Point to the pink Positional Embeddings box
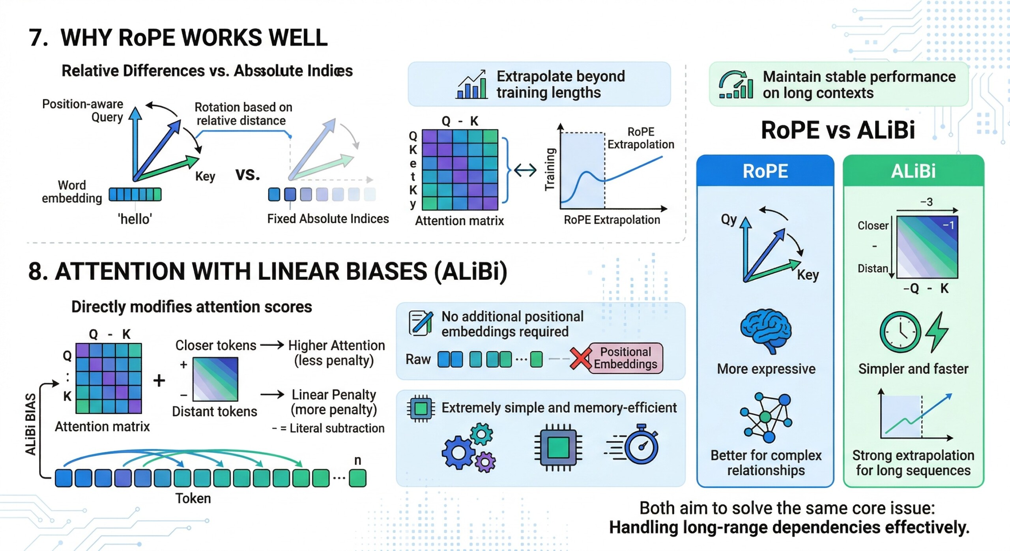tap(625, 358)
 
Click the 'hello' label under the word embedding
tap(135, 219)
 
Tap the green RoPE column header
tap(765, 171)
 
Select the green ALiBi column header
tap(913, 171)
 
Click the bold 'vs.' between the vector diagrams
tap(248, 174)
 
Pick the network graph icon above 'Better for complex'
tap(766, 418)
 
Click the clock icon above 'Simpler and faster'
tap(900, 332)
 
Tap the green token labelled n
tap(358, 478)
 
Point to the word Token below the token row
tap(193, 499)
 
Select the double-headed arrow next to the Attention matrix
tap(525, 170)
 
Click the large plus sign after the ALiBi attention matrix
tap(159, 381)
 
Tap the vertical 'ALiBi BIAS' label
tap(31, 424)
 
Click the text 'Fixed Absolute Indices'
tap(328, 219)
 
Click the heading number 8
tap(36, 272)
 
